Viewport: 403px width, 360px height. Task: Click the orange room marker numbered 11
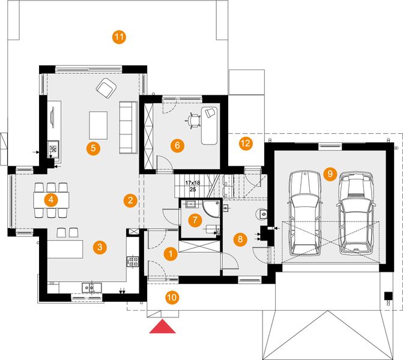[120, 37]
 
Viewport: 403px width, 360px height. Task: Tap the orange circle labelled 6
[177, 146]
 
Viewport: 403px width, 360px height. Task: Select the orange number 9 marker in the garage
[330, 174]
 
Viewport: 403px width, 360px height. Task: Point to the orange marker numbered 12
[246, 143]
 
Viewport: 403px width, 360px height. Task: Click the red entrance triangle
[162, 326]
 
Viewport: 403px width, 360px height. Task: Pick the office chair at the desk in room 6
[193, 121]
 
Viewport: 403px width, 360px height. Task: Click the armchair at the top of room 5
[106, 88]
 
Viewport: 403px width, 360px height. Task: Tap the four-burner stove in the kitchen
[133, 262]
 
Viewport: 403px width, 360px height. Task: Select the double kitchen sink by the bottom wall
[91, 287]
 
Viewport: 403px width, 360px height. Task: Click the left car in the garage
[305, 213]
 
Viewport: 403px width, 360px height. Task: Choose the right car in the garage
[356, 213]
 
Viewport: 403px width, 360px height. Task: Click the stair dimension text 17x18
[193, 183]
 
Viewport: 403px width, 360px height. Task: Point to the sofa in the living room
[128, 128]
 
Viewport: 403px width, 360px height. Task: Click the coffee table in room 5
[98, 125]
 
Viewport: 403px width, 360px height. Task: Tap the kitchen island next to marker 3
[65, 249]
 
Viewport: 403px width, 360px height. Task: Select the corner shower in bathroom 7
[211, 209]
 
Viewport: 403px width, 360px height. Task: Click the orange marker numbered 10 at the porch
[172, 298]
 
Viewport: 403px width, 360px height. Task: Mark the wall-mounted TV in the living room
[53, 118]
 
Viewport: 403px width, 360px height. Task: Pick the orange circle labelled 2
[130, 200]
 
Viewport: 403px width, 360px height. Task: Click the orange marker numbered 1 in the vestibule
[171, 254]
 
